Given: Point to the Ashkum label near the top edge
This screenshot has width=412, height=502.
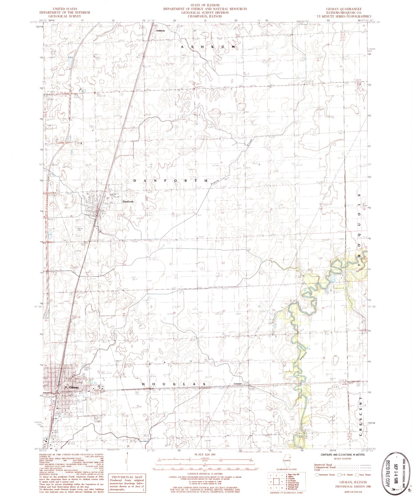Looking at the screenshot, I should click(160, 30).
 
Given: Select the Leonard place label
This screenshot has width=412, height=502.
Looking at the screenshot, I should click(237, 384).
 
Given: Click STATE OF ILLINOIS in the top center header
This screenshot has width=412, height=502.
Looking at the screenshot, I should click(205, 5).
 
